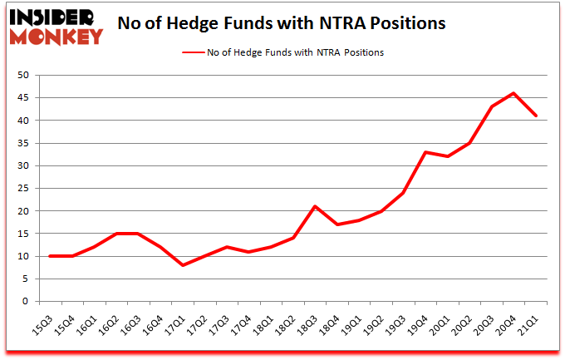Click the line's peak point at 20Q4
tap(513, 93)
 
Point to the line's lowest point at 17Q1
tap(182, 265)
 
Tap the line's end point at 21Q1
tap(536, 116)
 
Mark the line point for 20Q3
tap(491, 106)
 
